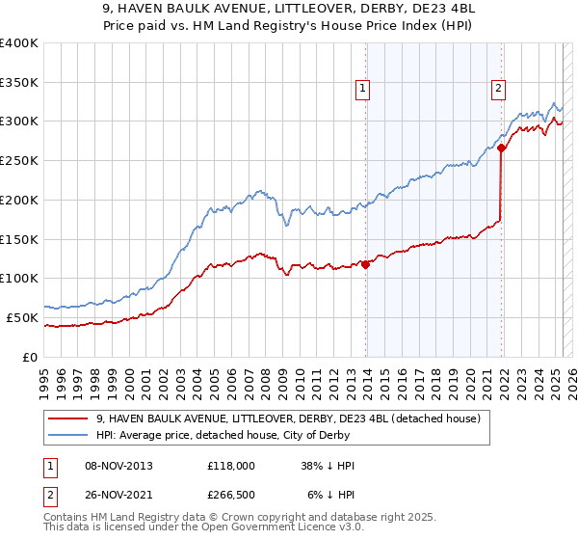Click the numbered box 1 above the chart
[x=362, y=89]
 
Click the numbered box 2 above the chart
[x=498, y=89]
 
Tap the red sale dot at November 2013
[x=366, y=264]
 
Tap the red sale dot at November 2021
[x=502, y=148]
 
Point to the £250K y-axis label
[x=19, y=161]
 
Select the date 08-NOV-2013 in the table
[x=118, y=466]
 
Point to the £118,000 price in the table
[x=230, y=466]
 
